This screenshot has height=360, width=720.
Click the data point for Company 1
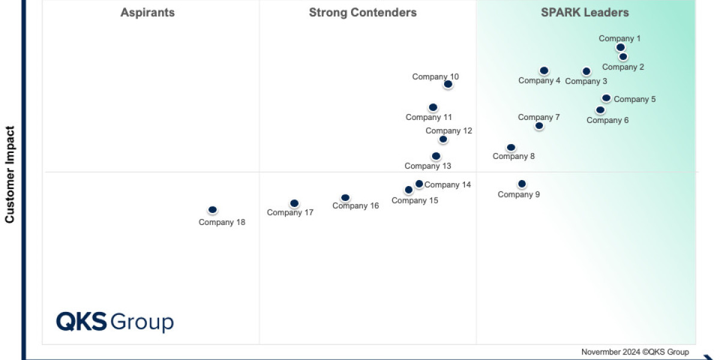click(620, 47)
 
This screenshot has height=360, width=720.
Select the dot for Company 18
click(212, 210)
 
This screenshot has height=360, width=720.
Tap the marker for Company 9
click(522, 184)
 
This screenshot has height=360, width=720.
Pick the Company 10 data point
click(448, 84)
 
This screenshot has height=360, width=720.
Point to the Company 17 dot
click(294, 203)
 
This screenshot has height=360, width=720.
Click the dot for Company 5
click(607, 98)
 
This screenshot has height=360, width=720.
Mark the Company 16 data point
click(345, 197)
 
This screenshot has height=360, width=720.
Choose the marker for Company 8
click(511, 147)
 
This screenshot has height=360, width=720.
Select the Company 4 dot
click(544, 70)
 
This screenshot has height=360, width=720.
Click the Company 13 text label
click(428, 166)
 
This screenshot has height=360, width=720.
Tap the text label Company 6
click(608, 120)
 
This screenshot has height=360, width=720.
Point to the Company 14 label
click(448, 185)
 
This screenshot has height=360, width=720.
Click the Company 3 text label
click(586, 82)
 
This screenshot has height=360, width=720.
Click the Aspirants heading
click(148, 13)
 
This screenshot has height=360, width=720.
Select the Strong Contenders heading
click(363, 13)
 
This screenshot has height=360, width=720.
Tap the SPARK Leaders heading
click(585, 13)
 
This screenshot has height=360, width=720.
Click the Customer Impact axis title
click(10, 174)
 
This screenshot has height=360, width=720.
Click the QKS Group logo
click(115, 322)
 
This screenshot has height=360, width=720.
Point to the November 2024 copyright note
click(635, 352)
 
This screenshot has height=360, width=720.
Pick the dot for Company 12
click(443, 139)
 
